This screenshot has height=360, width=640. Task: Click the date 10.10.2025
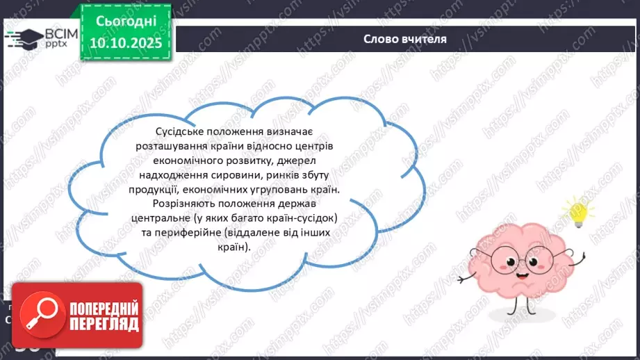pos(126,44)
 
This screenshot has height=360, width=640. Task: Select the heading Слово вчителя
pos(405,39)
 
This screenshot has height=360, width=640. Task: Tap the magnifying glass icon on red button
pos(35,315)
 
